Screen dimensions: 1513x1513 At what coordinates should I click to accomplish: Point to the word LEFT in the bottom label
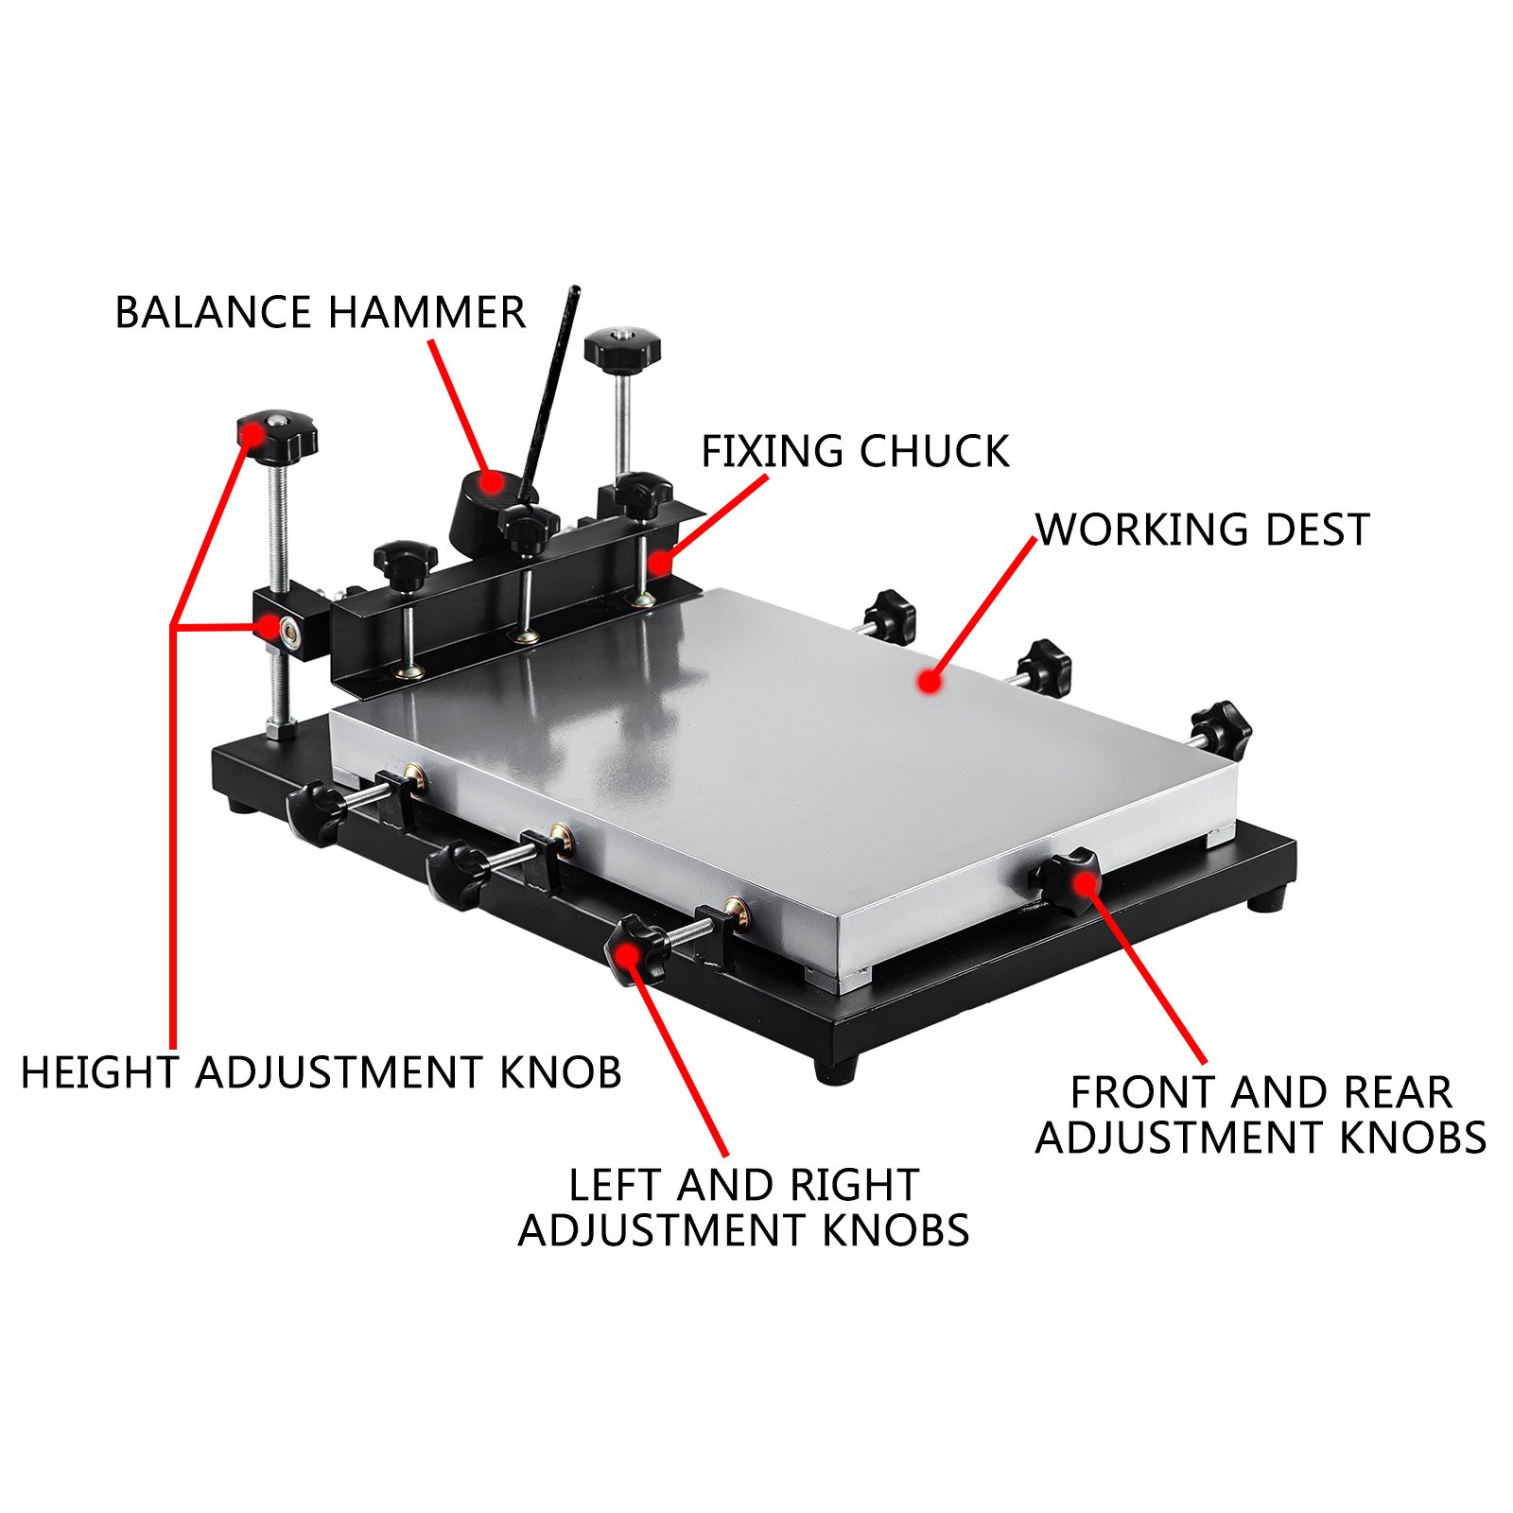[615, 1185]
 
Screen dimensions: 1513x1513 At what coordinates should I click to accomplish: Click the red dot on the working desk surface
[931, 681]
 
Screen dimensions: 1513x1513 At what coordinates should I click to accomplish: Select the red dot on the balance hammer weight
[490, 482]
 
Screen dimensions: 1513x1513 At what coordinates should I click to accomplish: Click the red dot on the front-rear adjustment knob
[1085, 883]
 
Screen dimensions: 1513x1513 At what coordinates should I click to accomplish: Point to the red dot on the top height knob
[252, 435]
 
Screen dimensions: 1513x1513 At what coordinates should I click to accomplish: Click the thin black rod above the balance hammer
[548, 388]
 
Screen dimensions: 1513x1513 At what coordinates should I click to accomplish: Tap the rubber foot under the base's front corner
[836, 1068]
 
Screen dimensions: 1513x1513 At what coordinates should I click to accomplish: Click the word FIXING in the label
[773, 451]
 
